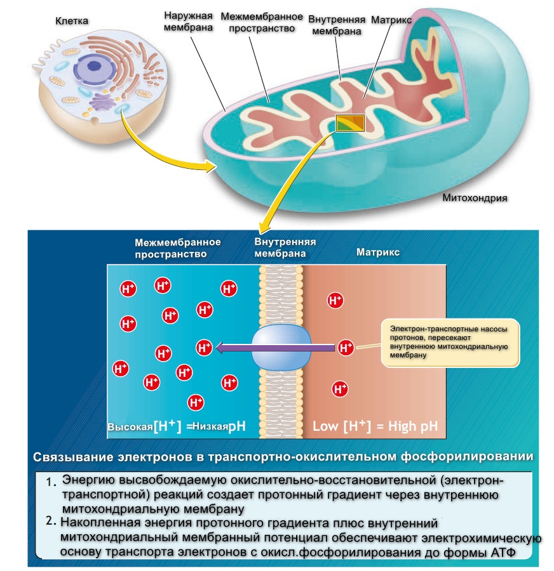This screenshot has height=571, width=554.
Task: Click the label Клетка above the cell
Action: [71, 22]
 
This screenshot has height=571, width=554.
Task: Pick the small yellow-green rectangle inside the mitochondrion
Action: [351, 123]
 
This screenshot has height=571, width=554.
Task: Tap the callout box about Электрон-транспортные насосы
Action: [450, 343]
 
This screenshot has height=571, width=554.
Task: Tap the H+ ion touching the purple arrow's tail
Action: [346, 347]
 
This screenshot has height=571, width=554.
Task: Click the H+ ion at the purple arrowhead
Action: [204, 347]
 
